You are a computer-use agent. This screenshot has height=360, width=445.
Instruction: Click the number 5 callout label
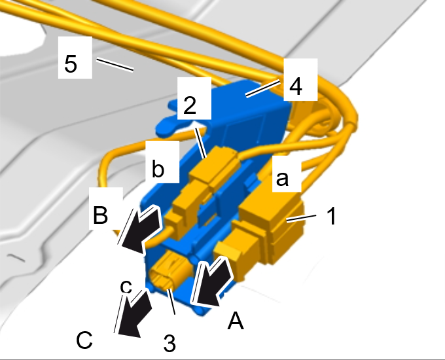click(71, 63)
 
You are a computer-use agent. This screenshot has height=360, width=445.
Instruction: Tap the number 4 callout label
click(295, 86)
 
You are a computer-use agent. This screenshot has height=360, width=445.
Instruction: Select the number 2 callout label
click(190, 105)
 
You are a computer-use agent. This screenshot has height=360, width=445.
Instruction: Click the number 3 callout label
click(169, 343)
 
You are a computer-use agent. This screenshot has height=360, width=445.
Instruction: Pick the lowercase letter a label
click(282, 179)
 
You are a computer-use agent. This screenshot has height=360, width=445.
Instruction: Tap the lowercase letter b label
click(158, 169)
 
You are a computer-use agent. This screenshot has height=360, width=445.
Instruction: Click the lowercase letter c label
click(126, 287)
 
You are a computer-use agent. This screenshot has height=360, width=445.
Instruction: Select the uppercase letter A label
click(236, 321)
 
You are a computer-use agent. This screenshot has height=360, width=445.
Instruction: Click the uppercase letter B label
click(100, 214)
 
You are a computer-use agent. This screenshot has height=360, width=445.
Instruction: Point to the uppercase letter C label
click(84, 340)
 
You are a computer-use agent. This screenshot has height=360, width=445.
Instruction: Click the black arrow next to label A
click(212, 282)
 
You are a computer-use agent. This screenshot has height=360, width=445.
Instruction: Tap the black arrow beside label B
click(139, 229)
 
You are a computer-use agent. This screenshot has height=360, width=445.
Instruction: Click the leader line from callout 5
click(115, 65)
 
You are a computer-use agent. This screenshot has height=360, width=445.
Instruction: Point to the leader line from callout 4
click(262, 89)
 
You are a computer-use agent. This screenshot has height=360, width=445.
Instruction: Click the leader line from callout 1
click(301, 219)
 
